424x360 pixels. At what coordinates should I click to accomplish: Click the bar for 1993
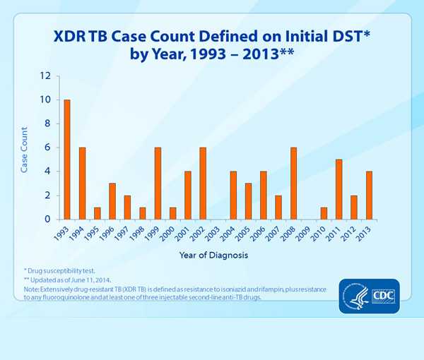tap(67, 160)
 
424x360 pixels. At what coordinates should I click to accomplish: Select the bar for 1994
tap(82, 184)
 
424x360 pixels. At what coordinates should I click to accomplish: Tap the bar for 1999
tap(158, 184)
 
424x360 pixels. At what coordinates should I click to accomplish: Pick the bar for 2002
tap(203, 184)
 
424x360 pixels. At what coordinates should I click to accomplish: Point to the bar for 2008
tap(293, 184)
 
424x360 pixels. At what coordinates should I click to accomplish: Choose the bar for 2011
tap(338, 189)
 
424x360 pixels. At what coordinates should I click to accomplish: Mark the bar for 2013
tap(369, 196)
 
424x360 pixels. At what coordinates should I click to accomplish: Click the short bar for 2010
tap(324, 213)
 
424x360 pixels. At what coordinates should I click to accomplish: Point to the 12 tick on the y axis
tap(46, 76)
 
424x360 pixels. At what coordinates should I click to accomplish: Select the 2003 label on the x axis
tap(214, 234)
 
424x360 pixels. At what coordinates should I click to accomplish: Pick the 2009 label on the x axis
tap(305, 234)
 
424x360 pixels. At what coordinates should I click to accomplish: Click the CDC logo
tap(384, 294)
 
